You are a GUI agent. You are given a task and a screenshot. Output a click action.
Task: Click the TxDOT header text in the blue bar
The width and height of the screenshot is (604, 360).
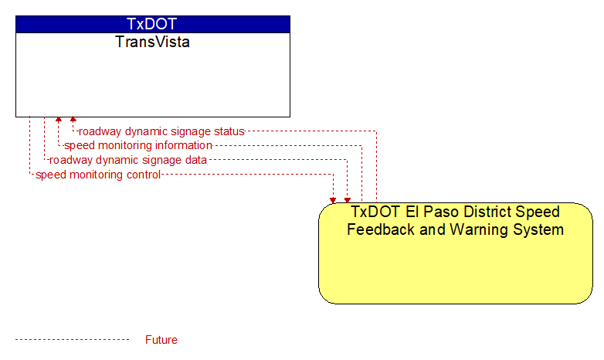pyautogui.click(x=151, y=24)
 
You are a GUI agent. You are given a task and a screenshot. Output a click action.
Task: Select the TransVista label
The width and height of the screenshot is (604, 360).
pyautogui.click(x=152, y=42)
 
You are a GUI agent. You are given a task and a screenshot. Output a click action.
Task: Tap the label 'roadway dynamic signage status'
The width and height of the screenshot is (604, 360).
pyautogui.click(x=161, y=131)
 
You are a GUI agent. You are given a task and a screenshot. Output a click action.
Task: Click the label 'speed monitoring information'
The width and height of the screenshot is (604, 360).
pyautogui.click(x=138, y=145)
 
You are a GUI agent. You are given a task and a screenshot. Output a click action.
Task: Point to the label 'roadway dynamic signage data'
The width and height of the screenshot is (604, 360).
pyautogui.click(x=128, y=160)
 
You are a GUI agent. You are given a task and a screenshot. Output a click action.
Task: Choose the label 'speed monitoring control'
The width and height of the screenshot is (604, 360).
pyautogui.click(x=98, y=175)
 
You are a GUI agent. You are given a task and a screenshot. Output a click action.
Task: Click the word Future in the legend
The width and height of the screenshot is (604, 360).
pyautogui.click(x=161, y=340)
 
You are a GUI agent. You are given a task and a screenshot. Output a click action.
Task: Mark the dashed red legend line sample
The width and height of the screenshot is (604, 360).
pyautogui.click(x=73, y=340)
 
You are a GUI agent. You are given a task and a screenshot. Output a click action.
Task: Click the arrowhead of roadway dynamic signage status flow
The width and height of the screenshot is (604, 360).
pyautogui.click(x=73, y=119)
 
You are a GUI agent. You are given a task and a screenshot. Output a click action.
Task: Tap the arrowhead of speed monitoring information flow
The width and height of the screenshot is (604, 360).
pyautogui.click(x=59, y=119)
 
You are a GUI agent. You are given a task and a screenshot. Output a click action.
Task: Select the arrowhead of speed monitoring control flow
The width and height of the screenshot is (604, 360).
pyautogui.click(x=333, y=200)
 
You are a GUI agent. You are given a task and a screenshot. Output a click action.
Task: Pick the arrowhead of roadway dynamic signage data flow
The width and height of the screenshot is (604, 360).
pyautogui.click(x=348, y=200)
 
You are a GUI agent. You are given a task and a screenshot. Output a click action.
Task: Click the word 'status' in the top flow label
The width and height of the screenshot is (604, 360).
pyautogui.click(x=229, y=131)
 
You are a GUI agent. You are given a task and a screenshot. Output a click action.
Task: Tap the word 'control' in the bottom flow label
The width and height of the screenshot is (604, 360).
pyautogui.click(x=144, y=175)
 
